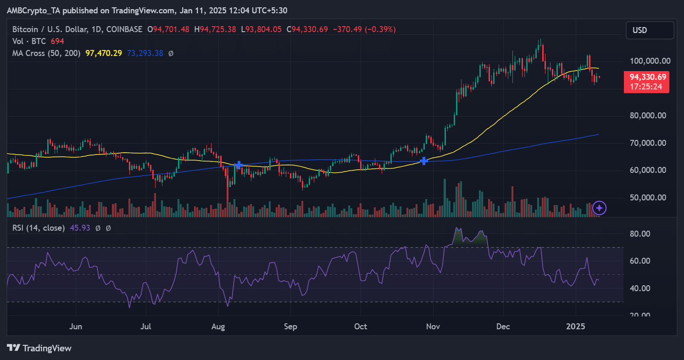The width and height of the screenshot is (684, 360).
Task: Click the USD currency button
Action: [650, 30]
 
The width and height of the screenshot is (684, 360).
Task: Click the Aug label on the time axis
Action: [218, 327]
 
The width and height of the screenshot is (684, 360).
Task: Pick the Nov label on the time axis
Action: [433, 327]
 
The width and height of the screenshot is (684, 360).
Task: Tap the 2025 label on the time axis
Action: [576, 327]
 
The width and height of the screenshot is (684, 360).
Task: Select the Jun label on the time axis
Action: [76, 327]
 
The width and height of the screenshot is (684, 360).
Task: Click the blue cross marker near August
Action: [239, 165]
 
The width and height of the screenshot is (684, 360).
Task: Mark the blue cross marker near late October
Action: [424, 161]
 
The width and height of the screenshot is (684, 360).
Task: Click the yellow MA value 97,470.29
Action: [104, 53]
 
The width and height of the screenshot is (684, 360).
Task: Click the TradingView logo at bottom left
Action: [39, 348]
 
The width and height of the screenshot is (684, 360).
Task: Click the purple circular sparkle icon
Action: [600, 208]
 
